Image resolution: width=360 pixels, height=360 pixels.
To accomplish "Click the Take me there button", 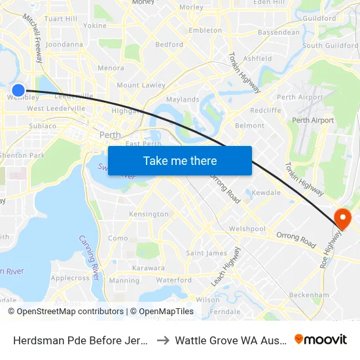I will point(180,160).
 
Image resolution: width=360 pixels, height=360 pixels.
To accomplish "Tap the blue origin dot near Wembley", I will point(18,90).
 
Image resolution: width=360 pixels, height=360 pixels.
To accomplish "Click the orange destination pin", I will point(342,218).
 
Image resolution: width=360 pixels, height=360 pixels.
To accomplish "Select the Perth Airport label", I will point(313,120).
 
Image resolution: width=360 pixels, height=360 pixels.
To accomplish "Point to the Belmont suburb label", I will point(249,125).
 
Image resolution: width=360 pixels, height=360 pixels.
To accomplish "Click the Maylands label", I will point(183,99).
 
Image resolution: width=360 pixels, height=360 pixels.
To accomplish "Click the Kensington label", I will point(149,214).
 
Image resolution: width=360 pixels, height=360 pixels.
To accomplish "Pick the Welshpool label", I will point(247,229).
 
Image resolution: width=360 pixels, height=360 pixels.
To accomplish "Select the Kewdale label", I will point(266,194).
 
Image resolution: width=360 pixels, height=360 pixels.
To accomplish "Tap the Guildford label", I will point(319,18).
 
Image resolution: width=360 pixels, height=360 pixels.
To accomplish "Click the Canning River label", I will point(89,257).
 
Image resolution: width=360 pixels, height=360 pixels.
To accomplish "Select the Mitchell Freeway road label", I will point(34,39).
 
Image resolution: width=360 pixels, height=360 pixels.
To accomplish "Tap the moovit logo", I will point(321,339).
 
